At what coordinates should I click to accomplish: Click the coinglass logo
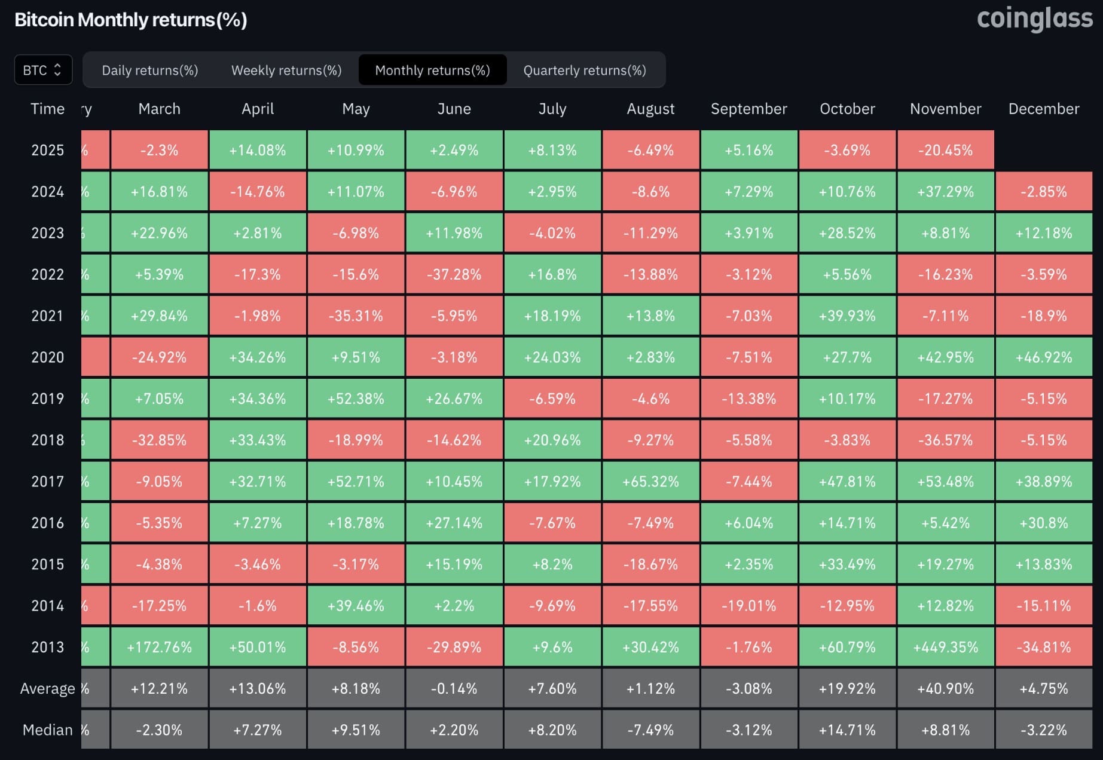[x=1034, y=19]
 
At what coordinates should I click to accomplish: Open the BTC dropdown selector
[x=43, y=70]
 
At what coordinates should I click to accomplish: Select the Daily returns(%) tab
[x=149, y=71]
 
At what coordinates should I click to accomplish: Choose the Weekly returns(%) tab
[x=286, y=71]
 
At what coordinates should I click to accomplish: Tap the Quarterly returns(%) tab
[x=585, y=71]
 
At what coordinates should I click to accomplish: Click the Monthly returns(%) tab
[x=432, y=71]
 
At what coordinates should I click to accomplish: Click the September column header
[x=748, y=109]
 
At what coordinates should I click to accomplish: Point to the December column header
[x=1044, y=109]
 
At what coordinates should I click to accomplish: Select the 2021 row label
[x=47, y=315]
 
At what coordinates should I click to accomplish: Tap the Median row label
[x=47, y=730]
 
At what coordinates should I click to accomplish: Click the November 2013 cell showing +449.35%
[x=945, y=647]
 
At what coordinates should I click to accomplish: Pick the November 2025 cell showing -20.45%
[x=945, y=150]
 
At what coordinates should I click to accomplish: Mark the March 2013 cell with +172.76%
[x=159, y=647]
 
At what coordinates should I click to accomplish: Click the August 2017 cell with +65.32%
[x=650, y=482]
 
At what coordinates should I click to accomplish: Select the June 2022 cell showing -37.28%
[x=454, y=274]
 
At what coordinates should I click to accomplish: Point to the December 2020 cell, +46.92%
[x=1044, y=357]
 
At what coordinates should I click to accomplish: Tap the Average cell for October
[x=847, y=688]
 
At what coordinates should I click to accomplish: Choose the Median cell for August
[x=650, y=730]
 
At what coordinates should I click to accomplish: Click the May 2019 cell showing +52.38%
[x=356, y=399]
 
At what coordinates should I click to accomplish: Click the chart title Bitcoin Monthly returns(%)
[x=131, y=20]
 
